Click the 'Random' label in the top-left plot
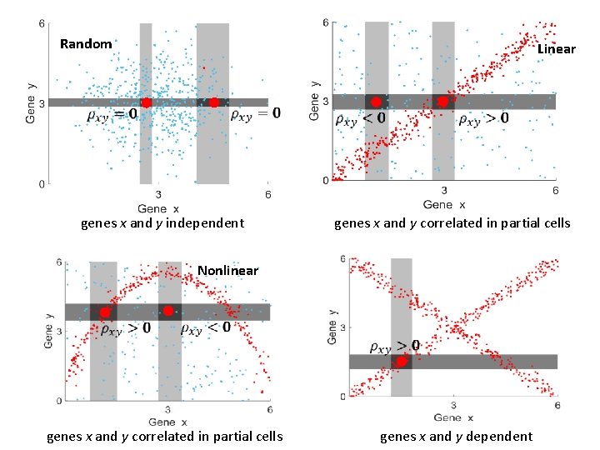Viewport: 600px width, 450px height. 86,44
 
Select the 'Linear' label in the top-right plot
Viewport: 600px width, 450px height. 556,49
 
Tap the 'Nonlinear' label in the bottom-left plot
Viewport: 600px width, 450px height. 227,270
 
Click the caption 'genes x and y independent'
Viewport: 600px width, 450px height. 162,222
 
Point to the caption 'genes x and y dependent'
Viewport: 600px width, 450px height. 456,436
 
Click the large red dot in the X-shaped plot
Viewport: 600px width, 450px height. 401,361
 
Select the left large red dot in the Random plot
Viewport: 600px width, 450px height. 146,102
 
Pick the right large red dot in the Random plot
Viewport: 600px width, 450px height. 213,102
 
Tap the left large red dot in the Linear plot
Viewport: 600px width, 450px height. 376,102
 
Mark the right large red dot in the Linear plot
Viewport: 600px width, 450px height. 442,102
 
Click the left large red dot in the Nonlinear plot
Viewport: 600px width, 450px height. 104,312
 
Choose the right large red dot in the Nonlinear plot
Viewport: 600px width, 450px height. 168,311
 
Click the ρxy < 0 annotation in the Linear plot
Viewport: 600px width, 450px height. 360,119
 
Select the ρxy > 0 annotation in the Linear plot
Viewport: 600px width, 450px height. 483,119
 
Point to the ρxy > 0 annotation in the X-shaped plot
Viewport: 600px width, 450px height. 395,345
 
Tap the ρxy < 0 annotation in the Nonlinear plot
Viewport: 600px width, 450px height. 207,327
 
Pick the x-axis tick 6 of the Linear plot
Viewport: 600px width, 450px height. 555,190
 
